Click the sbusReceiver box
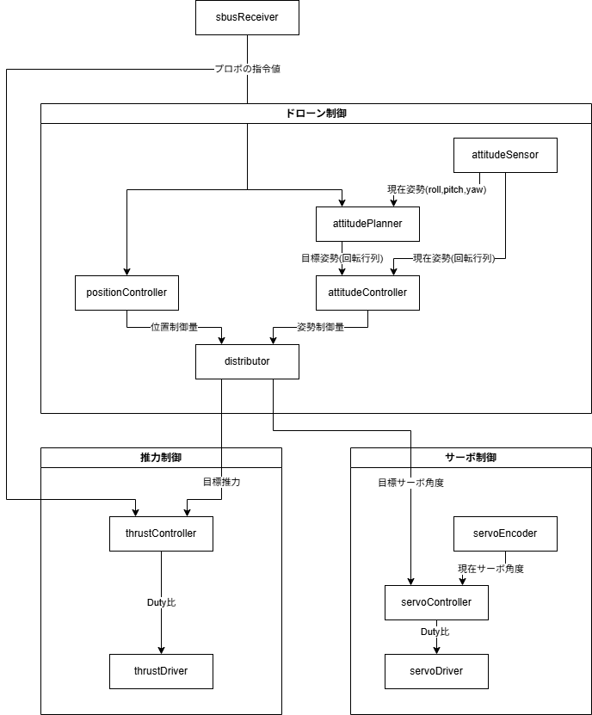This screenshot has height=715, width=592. (247, 17)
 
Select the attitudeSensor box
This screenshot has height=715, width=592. (505, 155)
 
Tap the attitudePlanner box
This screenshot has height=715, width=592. (367, 224)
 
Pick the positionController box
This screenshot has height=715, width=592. (126, 293)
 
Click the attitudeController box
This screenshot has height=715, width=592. (367, 293)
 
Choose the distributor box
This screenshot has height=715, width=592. (247, 361)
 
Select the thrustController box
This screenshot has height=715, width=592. (161, 533)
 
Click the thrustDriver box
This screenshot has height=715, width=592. (161, 671)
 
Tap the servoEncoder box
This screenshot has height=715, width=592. (505, 533)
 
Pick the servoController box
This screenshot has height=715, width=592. (436, 602)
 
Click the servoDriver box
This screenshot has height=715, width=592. (436, 671)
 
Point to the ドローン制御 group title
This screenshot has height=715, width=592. (316, 114)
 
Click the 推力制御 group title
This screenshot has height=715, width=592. (161, 458)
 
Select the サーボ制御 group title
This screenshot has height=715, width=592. (471, 458)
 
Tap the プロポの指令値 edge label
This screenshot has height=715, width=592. (248, 69)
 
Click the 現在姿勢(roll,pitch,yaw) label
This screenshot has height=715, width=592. (437, 189)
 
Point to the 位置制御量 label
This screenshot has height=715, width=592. (174, 327)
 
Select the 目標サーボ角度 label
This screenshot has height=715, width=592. (411, 483)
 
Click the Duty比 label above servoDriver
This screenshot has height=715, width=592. (435, 632)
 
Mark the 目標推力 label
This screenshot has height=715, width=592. (222, 482)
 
